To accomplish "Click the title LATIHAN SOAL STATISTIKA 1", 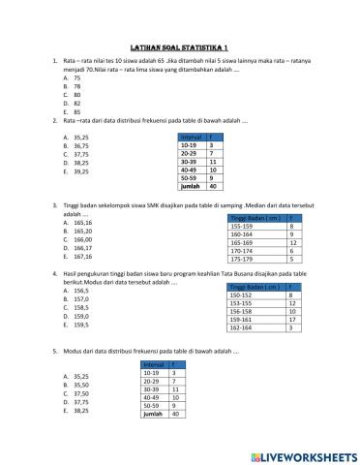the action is [x=179, y=46].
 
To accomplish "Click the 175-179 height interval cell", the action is [x=243, y=260].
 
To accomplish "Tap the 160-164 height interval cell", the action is [x=243, y=233].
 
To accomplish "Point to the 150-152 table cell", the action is [x=242, y=294].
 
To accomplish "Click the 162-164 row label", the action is [x=242, y=328].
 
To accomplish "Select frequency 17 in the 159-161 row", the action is [x=291, y=320].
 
